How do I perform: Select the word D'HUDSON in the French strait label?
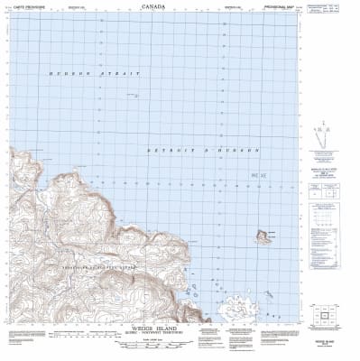tap(235, 149)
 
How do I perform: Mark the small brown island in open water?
tap(263, 236)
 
